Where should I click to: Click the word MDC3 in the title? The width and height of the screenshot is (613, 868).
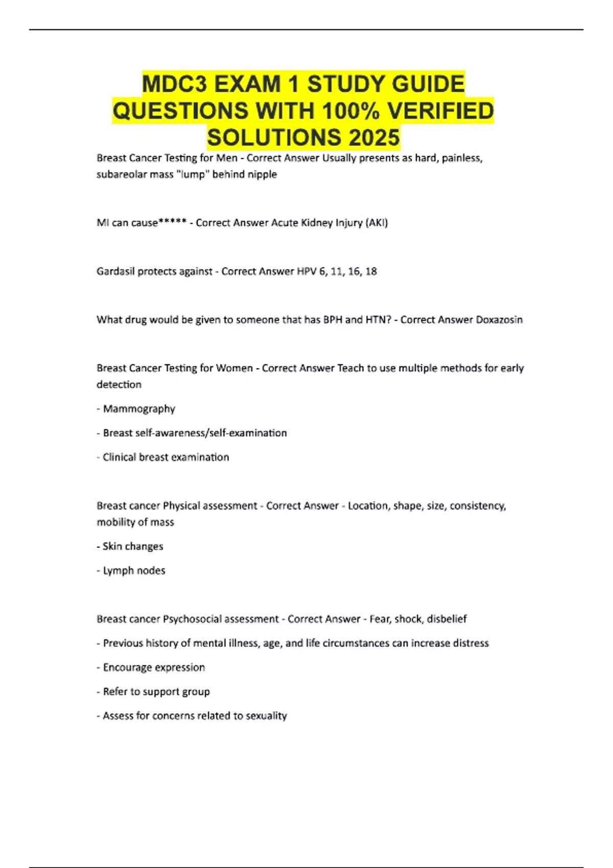(175, 84)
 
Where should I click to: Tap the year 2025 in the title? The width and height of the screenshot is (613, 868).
(374, 137)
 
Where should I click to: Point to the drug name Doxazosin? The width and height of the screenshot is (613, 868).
(499, 320)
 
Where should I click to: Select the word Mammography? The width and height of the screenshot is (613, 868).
(139, 408)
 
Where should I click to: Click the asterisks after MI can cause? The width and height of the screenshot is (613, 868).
(172, 223)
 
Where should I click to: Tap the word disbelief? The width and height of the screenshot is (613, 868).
(447, 619)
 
